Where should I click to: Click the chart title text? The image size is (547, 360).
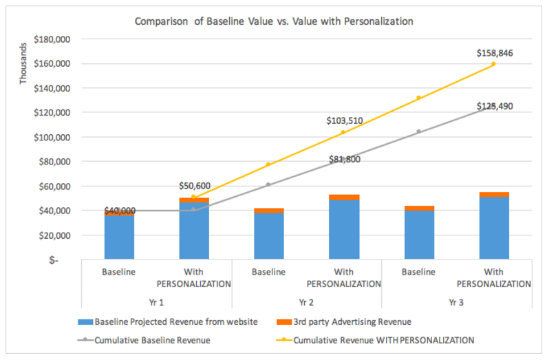(273, 21)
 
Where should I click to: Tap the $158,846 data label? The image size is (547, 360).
(495, 52)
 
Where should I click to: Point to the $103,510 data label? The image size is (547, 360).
(344, 121)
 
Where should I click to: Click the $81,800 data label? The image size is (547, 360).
(344, 159)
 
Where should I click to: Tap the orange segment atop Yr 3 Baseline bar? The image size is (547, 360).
(419, 208)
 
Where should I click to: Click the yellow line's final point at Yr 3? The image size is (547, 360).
(494, 64)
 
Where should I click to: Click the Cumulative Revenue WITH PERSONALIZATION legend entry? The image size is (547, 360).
(383, 339)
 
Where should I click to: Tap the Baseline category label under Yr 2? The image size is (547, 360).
(269, 272)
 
